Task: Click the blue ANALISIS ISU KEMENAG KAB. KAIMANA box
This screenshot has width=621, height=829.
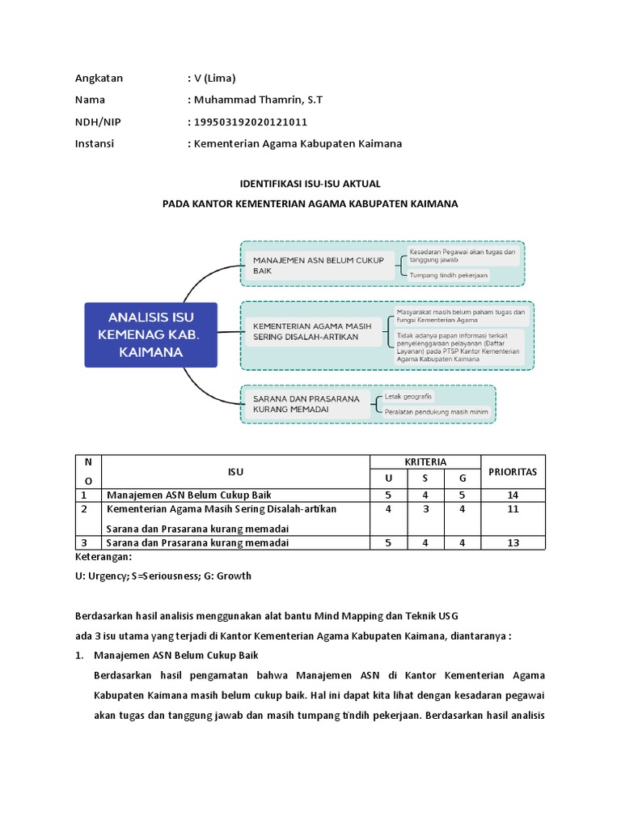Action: [151, 334]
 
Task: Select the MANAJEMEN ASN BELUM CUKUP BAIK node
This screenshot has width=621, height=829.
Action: [318, 266]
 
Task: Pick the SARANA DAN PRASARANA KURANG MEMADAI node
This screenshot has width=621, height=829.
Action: [307, 404]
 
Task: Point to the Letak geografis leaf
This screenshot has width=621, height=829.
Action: [409, 396]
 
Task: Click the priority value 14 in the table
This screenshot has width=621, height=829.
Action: [513, 495]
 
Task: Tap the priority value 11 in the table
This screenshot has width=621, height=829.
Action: [513, 509]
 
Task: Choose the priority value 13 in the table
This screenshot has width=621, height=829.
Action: [513, 543]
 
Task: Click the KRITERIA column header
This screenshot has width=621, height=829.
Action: [425, 461]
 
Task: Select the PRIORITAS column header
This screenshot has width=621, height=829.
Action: [513, 471]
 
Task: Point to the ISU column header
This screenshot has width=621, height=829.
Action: [235, 471]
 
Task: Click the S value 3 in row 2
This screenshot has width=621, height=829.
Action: [425, 509]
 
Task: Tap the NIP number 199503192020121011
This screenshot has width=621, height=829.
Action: [250, 121]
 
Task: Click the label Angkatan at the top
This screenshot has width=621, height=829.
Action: [99, 78]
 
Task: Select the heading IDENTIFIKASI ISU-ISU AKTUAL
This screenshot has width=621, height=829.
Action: [310, 184]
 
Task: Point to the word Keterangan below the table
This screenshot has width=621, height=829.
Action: [102, 558]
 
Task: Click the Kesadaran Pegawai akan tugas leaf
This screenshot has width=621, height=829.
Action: [461, 256]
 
